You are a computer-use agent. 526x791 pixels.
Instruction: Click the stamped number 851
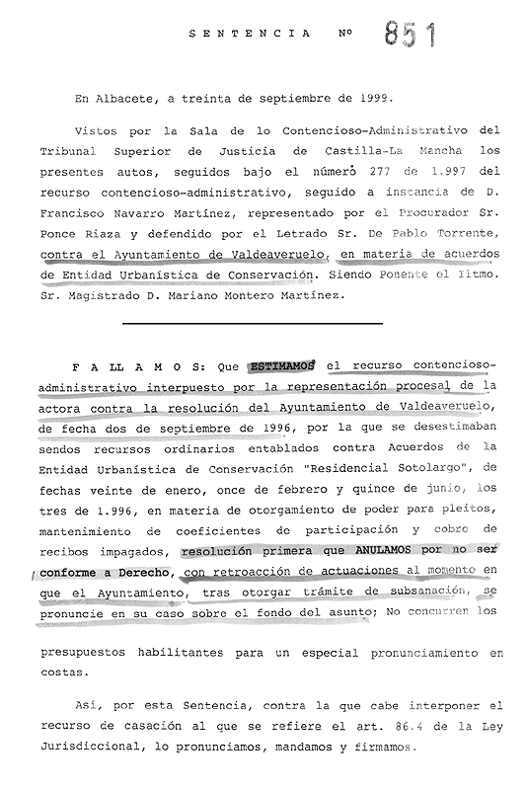pyautogui.click(x=407, y=37)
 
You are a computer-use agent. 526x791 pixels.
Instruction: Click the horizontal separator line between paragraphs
pyautogui.click(x=252, y=322)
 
